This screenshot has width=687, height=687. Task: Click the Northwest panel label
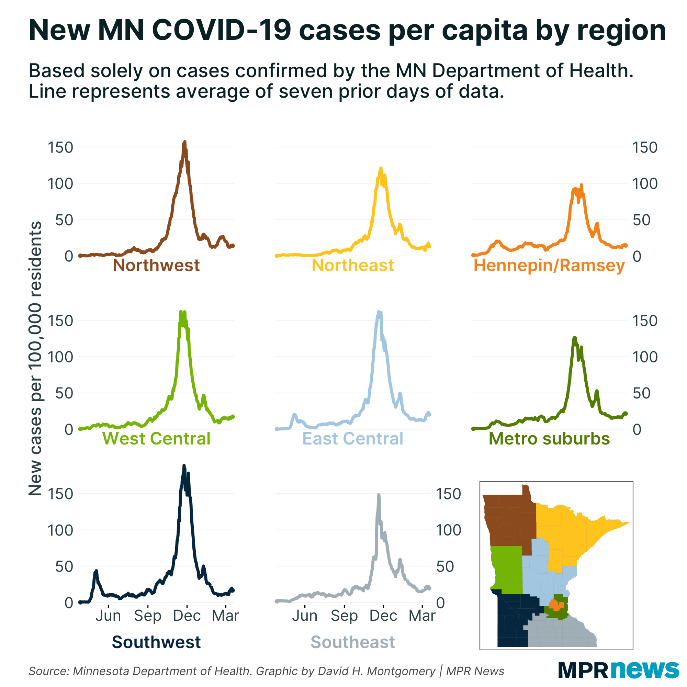pos(156,266)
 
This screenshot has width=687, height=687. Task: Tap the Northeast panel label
pos(353,266)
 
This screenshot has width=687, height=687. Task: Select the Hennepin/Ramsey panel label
pos(549,266)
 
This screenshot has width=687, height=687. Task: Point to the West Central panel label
pos(156,439)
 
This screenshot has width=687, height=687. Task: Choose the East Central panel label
pos(353,439)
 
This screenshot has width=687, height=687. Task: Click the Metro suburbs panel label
pos(549,439)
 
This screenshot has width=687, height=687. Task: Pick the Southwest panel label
pos(156,642)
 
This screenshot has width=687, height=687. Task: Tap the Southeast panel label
pos(353,642)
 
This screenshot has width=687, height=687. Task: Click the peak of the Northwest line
pos(184,143)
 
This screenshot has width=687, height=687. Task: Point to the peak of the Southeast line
pos(379,495)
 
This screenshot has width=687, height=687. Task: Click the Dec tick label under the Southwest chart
pos(187,616)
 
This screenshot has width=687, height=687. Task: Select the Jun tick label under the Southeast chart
pos(305,616)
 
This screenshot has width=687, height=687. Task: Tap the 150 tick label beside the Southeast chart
pos(448,494)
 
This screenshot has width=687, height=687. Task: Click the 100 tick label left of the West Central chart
pos(60,357)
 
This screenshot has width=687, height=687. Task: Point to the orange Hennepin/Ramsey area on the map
pos(554,605)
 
